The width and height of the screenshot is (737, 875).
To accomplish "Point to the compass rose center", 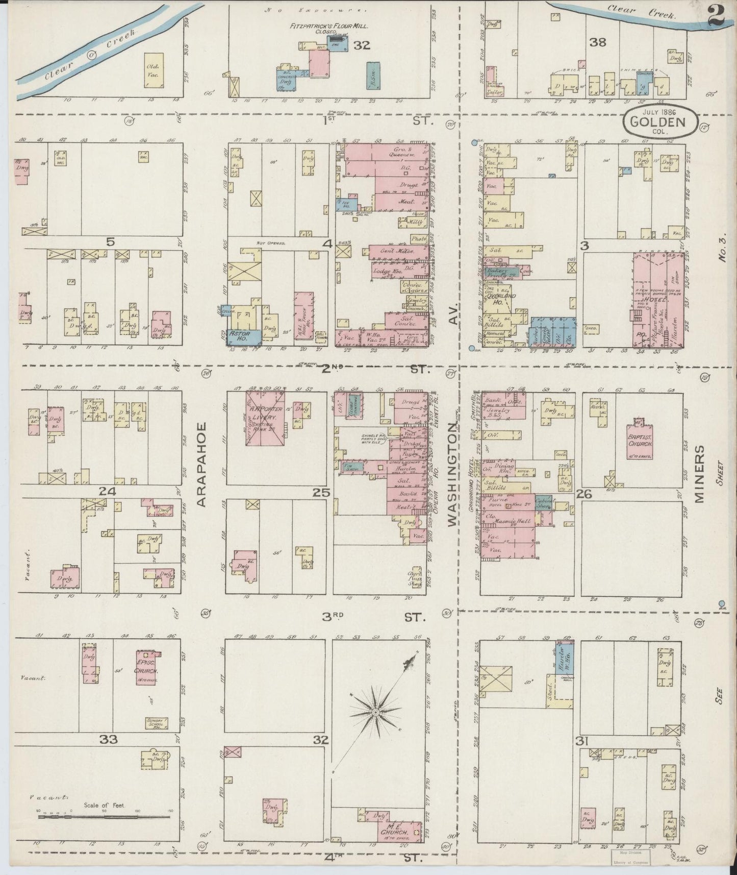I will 375,712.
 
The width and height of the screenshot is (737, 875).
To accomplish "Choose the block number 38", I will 598,42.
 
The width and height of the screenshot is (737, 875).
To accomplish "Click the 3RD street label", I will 331,617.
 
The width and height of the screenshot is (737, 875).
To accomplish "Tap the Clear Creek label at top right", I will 642,11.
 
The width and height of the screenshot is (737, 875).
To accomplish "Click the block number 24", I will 109,492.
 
